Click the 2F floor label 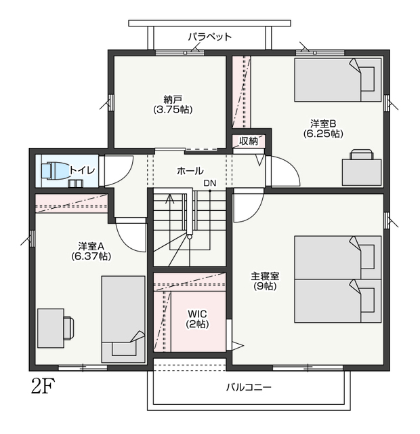(43, 386)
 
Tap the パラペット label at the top (209, 37)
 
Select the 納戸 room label (173, 98)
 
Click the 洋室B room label (323, 123)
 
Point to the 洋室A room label (91, 245)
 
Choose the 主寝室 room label (265, 276)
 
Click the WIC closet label (197, 314)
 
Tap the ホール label (190, 171)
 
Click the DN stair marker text (210, 183)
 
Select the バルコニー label (249, 387)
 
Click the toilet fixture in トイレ (56, 170)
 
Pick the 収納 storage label (249, 141)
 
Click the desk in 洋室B (362, 172)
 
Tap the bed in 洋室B (338, 80)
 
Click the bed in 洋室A (123, 319)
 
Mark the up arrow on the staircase (170, 199)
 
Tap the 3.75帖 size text (173, 110)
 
